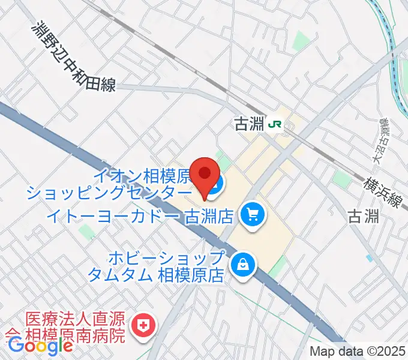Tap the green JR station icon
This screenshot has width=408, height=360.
[276, 125]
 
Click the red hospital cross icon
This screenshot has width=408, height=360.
[143, 326]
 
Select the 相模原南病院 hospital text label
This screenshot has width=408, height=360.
[66, 327]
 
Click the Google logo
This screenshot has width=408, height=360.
[40, 346]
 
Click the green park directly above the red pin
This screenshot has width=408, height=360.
[223, 160]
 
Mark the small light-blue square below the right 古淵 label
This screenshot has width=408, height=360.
[368, 258]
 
